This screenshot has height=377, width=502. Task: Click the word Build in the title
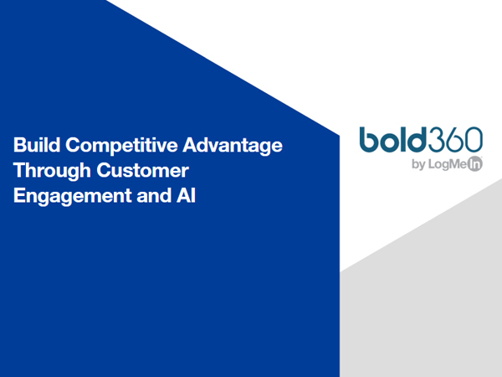point(37,145)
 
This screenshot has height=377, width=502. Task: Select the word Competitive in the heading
point(121,146)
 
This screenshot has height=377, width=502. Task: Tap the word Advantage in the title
point(233,146)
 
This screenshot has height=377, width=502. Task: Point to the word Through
point(52,171)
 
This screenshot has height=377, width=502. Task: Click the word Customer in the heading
point(142,170)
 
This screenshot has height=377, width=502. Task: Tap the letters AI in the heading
point(186,195)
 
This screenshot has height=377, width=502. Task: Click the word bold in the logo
point(393,139)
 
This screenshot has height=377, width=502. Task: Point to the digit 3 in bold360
point(437,139)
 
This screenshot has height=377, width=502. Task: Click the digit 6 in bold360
point(455,139)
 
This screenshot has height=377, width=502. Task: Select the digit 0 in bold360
point(474,139)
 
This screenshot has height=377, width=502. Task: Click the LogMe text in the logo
point(448,164)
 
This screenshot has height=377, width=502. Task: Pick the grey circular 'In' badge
point(474,164)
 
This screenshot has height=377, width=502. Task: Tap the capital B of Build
point(19,145)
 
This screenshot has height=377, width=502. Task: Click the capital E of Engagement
point(19,195)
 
